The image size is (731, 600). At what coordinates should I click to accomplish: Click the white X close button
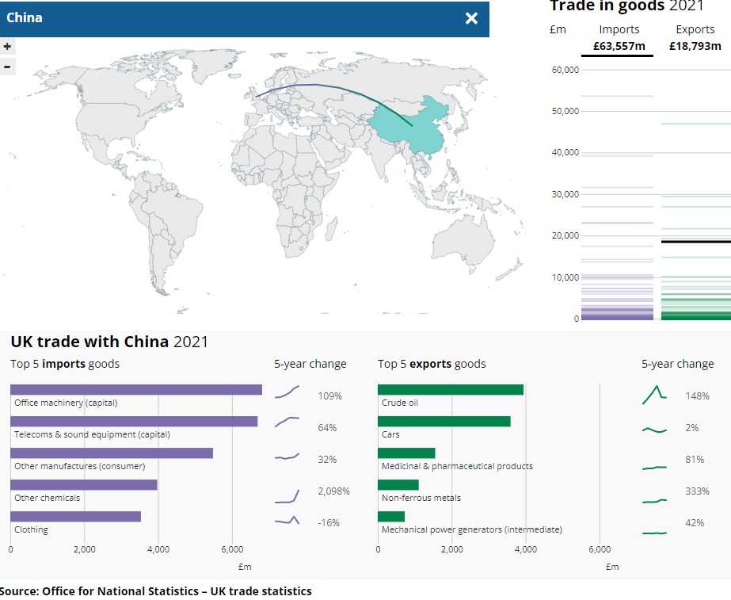click(471, 18)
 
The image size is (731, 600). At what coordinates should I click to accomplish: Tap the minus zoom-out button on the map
click(7, 67)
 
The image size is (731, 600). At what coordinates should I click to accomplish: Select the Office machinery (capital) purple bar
click(135, 389)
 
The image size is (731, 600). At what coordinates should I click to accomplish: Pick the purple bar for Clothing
click(75, 516)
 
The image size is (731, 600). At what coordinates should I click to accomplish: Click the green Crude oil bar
click(450, 389)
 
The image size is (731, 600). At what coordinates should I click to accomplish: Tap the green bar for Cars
click(444, 421)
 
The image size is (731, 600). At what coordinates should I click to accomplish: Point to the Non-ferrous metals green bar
click(398, 484)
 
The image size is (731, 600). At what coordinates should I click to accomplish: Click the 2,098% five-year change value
click(333, 491)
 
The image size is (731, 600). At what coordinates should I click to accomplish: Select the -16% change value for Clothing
click(329, 523)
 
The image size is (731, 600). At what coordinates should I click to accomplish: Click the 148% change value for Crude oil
click(697, 396)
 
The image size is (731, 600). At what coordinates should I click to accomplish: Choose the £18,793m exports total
click(695, 46)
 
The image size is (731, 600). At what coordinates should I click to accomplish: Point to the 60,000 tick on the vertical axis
click(565, 70)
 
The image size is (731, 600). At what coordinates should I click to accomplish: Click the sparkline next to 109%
click(287, 392)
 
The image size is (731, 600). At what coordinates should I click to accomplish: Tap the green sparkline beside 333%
click(654, 501)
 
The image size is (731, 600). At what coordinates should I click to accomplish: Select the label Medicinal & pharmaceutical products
click(457, 466)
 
